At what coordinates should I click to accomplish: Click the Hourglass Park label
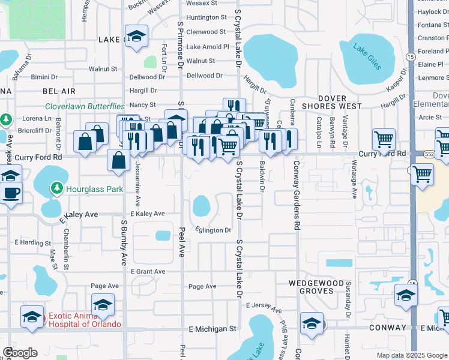pyautogui.click(x=95, y=189)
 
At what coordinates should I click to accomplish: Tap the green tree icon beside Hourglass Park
pyautogui.click(x=57, y=189)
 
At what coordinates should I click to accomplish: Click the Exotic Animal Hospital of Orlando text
pyautogui.click(x=85, y=320)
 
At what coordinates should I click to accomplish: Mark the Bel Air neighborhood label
pyautogui.click(x=59, y=91)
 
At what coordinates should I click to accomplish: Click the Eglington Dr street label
pyautogui.click(x=213, y=230)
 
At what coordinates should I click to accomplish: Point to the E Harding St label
pyautogui.click(x=32, y=242)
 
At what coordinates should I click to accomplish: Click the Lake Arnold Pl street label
pyautogui.click(x=208, y=47)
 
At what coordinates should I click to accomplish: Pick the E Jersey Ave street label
pyautogui.click(x=264, y=307)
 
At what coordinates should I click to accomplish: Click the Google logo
pyautogui.click(x=20, y=353)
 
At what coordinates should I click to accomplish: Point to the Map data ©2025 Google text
pyautogui.click(x=411, y=355)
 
